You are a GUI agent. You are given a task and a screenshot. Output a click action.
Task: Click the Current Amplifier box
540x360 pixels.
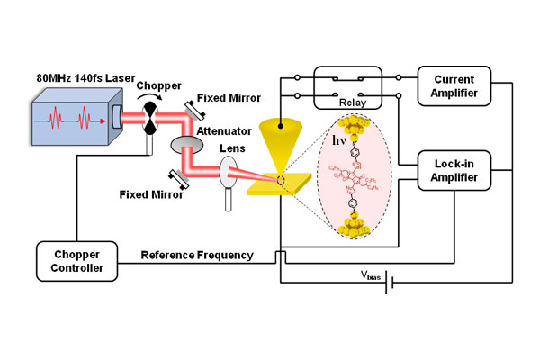pyautogui.click(x=454, y=87)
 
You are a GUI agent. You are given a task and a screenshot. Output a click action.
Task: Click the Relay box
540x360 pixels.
pyautogui.click(x=349, y=90)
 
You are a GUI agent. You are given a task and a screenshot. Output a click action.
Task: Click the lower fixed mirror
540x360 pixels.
pyautogui.click(x=180, y=177)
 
